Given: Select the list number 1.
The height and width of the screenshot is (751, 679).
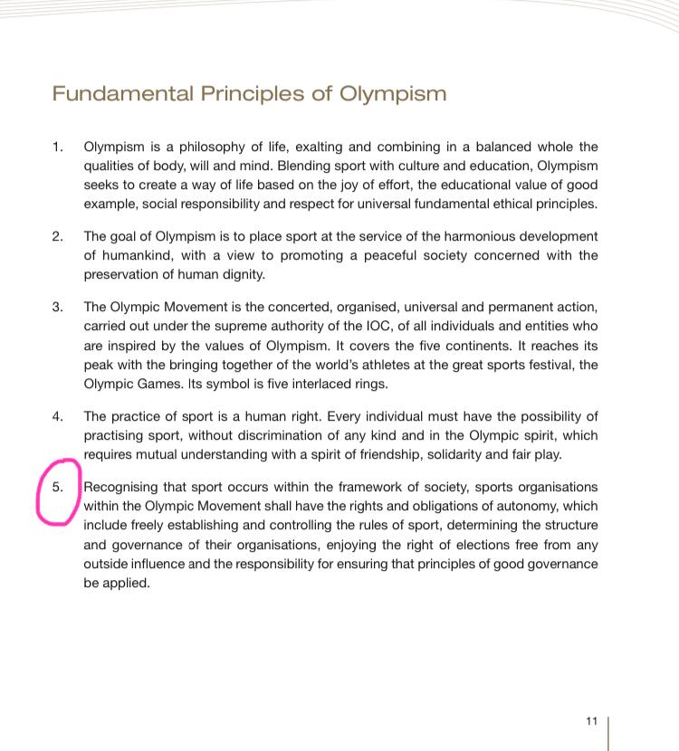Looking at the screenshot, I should pos(58,147).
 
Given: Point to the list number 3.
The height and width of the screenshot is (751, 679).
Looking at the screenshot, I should pos(58,307).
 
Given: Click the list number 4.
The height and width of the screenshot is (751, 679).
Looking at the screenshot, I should pos(58,416).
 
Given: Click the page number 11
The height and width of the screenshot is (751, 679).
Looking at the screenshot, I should pos(592,721).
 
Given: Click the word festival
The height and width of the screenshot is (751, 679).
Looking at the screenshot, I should pos(552,364).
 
